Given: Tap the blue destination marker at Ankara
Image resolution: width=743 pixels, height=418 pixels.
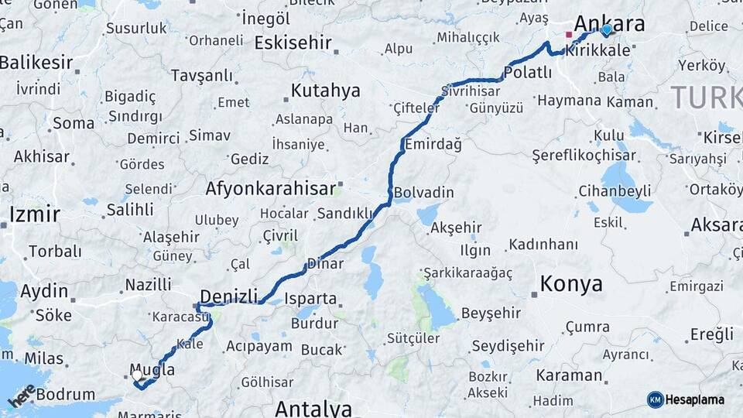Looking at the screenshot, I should pos(606,29).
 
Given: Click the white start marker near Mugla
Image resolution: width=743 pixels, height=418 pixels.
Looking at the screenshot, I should pos(137,375).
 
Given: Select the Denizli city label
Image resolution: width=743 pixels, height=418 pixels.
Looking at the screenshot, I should pos(228,296).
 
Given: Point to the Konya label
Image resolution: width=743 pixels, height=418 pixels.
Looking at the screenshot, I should pos(571,283).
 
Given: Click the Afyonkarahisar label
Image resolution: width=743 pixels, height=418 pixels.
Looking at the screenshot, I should pos(271,188).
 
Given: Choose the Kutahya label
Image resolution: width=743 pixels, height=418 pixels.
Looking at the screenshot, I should pos(325,91).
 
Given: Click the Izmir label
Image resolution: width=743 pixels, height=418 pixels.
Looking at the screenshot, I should pos(34,213).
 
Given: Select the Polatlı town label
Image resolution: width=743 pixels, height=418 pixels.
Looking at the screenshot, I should pos(527,73).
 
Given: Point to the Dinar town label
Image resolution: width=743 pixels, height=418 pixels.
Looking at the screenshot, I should pos(325,263).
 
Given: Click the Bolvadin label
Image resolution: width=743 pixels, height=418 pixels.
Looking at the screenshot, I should pos(423,192).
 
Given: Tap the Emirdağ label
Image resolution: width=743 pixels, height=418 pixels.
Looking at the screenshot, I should pos(433,144).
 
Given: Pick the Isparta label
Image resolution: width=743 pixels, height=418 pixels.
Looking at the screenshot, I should pos(311,299).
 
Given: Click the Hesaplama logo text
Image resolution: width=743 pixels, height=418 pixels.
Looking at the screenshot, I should pos(697,399).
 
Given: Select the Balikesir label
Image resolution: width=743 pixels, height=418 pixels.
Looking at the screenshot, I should pos(36,63).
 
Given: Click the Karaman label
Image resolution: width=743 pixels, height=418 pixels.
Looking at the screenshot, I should pos(567,375).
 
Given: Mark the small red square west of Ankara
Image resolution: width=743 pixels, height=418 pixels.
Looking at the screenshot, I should pos(569,34).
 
